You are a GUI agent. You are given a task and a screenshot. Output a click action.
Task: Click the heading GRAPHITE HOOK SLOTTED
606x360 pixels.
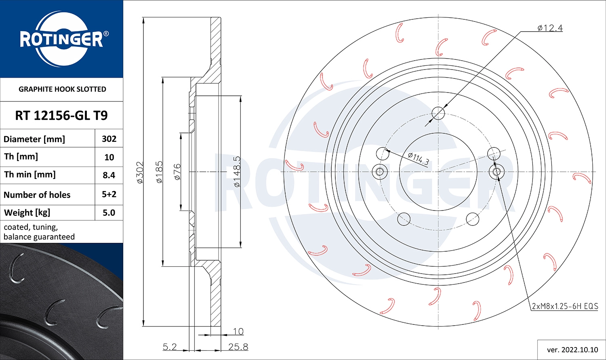pos(62,89)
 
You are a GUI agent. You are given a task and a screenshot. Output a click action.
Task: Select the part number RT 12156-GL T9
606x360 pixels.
pos(61,116)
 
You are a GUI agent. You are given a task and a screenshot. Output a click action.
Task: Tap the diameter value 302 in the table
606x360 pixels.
pos(109,139)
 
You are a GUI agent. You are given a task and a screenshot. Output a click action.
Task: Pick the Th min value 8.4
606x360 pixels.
pos(109,175)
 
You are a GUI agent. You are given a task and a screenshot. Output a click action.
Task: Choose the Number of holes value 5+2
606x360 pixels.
pos(109,194)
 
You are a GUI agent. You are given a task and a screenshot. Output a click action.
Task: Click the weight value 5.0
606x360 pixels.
pos(109,213)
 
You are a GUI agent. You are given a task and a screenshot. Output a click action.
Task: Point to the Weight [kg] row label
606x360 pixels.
pos(27,213)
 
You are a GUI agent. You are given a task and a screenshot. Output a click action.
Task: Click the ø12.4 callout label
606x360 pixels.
pos(550,28)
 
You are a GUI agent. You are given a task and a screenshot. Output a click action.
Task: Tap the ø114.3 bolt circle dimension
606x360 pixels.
pos(418,158)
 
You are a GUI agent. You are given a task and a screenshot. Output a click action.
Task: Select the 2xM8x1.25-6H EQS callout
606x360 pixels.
pos(564,306)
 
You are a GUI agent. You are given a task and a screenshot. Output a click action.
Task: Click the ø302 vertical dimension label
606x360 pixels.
pos(139,173)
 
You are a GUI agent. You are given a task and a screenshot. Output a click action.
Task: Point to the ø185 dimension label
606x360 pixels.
pos(159,173)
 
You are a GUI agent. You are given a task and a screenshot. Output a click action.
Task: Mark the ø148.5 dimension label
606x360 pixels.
pos(237,172)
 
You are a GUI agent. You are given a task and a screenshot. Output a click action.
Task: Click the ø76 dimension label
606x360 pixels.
pos(177,172)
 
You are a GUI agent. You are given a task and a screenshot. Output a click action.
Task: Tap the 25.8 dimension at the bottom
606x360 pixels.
pos(238,347)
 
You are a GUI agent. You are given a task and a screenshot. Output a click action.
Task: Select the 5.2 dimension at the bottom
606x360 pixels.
pos(170,347)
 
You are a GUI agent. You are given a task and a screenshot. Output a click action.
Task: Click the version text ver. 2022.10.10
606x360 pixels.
pos(572,350)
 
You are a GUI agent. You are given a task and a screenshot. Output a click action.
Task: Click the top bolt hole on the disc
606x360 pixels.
pos(438,114)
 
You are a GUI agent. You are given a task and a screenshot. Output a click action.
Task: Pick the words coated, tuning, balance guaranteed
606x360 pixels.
pos(39,232)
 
